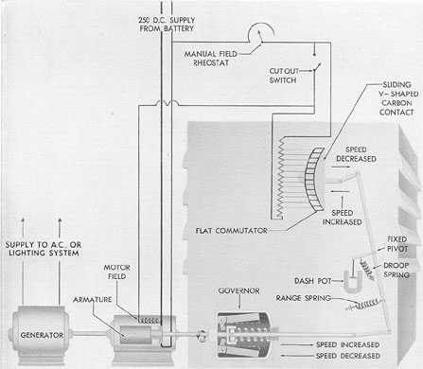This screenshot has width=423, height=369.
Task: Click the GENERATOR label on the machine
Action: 42,335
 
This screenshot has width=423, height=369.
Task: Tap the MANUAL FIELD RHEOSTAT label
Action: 211,59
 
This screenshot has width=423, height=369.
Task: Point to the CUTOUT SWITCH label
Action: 284,76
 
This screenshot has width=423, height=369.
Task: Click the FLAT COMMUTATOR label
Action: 231,231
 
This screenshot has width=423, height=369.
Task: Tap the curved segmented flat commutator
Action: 314,179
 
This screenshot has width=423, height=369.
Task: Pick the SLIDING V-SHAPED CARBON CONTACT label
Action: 398,98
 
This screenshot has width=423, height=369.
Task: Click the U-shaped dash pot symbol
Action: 351,282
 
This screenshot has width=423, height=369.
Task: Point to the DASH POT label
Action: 312,281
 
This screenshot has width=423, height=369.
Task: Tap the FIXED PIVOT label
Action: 397,244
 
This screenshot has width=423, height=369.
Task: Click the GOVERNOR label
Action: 238,290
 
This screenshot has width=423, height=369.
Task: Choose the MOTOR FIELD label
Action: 116,272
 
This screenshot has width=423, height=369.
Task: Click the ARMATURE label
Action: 92,300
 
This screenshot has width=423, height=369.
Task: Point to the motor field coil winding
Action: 150,321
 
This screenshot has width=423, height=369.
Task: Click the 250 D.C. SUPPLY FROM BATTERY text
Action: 167,25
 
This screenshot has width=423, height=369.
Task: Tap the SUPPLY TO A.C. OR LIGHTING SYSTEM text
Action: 44,249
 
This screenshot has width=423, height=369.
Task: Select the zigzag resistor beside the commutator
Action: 279,178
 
